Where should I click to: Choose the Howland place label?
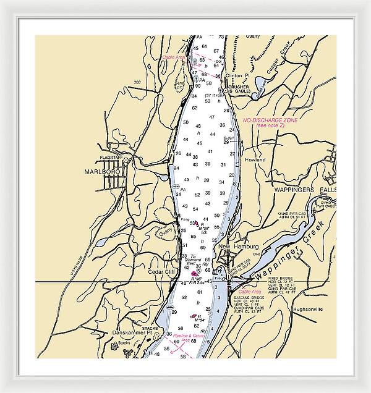[x=255, y=160]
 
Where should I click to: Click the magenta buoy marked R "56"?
[x=195, y=273]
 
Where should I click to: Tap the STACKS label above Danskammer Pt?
[x=150, y=327]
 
